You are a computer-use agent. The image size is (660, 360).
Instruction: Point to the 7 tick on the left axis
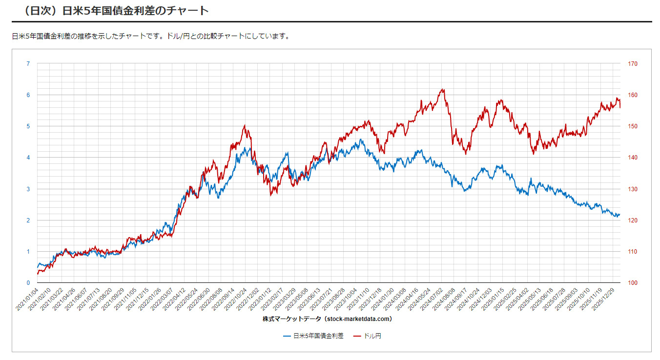tap(28, 64)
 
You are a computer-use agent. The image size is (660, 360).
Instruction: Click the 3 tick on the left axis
tap(28, 189)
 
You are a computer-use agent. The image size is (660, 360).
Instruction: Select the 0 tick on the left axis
tap(28, 283)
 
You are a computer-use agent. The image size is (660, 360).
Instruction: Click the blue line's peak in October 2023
tap(360, 140)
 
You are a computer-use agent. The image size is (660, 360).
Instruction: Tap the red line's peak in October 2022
tap(244, 125)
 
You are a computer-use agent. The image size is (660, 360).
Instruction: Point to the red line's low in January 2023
tap(270, 195)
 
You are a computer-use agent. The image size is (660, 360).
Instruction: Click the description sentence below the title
tap(151, 37)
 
